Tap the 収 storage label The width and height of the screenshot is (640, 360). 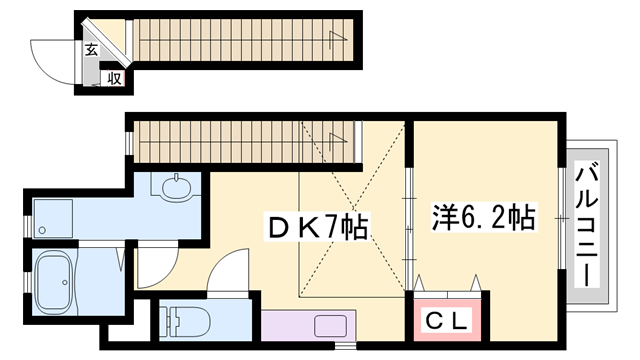(114, 78)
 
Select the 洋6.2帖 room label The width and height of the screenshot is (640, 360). (482, 216)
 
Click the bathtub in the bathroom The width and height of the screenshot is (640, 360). (54, 282)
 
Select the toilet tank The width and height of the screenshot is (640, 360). (166, 321)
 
